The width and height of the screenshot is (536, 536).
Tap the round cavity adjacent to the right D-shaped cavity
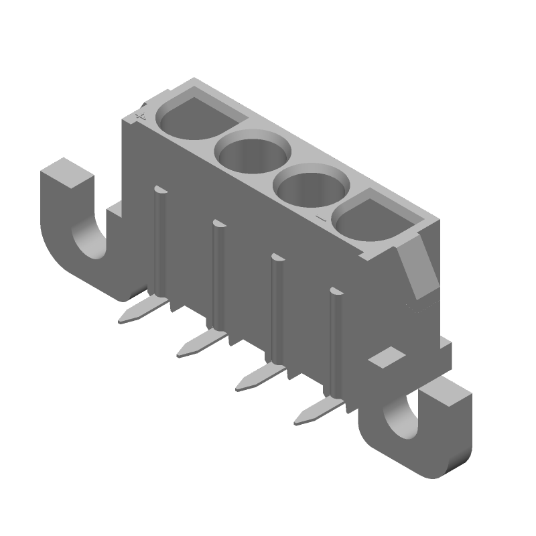312,191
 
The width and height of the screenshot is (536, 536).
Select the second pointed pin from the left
201,344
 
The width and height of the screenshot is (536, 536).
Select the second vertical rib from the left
218,275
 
